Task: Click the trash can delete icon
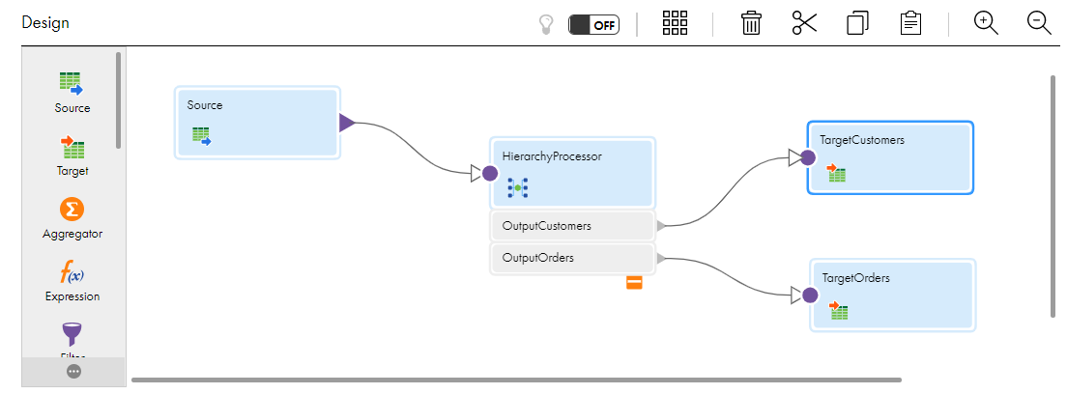tap(751, 23)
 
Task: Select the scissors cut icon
tap(804, 23)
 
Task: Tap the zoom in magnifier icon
tap(986, 23)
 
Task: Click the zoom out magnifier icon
tap(1039, 23)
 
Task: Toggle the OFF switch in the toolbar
tap(593, 25)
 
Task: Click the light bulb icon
tap(546, 25)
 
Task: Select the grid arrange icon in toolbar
tap(675, 23)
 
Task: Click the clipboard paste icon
tap(910, 23)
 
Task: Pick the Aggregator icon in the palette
tap(72, 210)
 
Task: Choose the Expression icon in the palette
tap(72, 273)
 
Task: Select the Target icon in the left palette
tap(72, 147)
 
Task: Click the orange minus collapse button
tap(634, 283)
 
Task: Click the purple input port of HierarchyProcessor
tap(490, 174)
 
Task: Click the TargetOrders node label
tap(855, 278)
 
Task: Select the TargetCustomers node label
tap(862, 140)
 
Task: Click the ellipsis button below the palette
tap(74, 372)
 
